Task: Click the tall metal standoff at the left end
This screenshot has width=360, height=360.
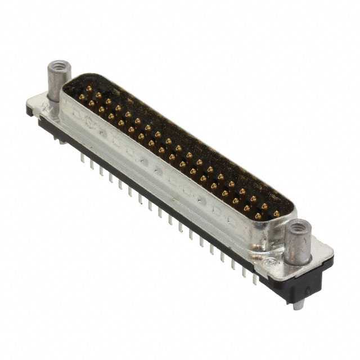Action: click(x=56, y=84)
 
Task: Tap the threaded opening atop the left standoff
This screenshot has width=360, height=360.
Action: click(x=56, y=66)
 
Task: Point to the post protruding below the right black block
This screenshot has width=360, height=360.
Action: click(x=298, y=303)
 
